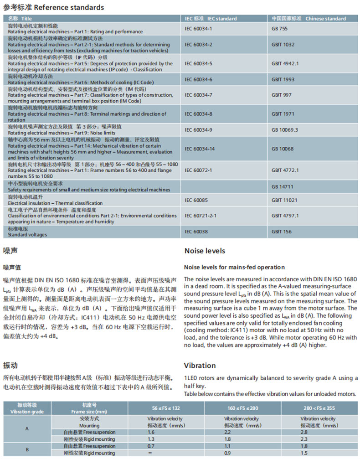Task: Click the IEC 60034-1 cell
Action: tap(198, 29)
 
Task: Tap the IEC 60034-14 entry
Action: tap(199, 149)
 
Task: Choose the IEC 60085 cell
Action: tap(196, 200)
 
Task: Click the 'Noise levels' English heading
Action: tap(205, 251)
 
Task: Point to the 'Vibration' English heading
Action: tap(200, 366)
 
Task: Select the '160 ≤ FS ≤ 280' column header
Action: tap(241, 407)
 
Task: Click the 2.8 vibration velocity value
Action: tap(305, 432)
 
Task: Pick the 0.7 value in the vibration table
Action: tap(151, 446)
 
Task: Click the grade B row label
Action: tap(27, 449)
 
